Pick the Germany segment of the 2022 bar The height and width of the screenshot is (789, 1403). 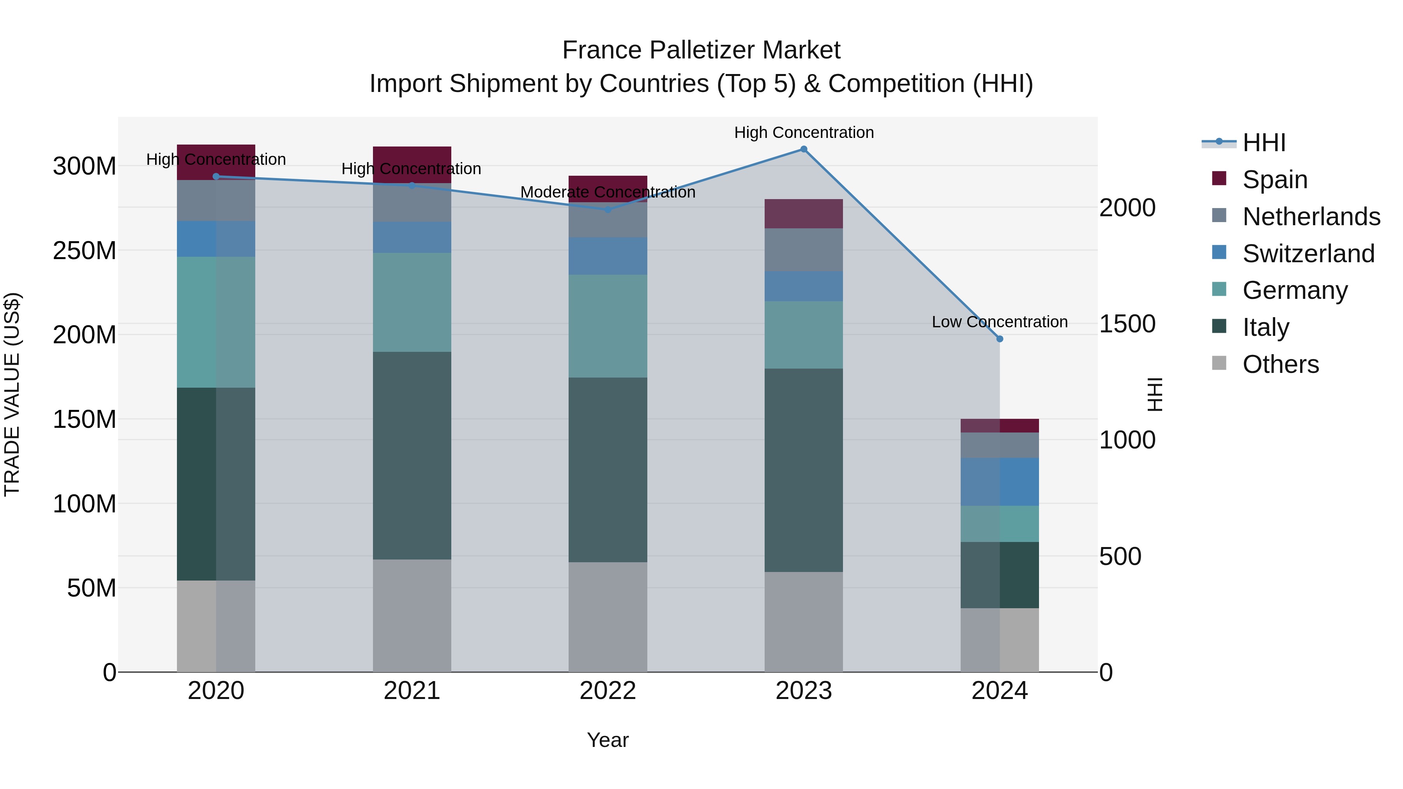coord(608,326)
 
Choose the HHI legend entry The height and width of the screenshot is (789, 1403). coord(1263,143)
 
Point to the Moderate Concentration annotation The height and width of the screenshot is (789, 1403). coord(608,192)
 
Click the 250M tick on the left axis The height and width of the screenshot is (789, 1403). coord(85,251)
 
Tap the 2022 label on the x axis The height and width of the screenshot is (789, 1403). coord(608,691)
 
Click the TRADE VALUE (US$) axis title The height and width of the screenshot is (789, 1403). coord(12,394)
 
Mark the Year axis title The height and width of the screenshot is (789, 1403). coord(608,740)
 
